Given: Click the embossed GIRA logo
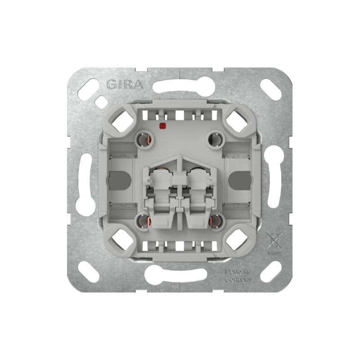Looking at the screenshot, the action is click(125, 85).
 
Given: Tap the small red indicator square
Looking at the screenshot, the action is click(162, 126).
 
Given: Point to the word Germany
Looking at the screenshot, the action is click(238, 280).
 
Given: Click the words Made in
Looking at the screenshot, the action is click(237, 272).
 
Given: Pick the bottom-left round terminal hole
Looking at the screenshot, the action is click(144, 221).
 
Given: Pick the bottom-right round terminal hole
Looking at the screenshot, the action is click(216, 221).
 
